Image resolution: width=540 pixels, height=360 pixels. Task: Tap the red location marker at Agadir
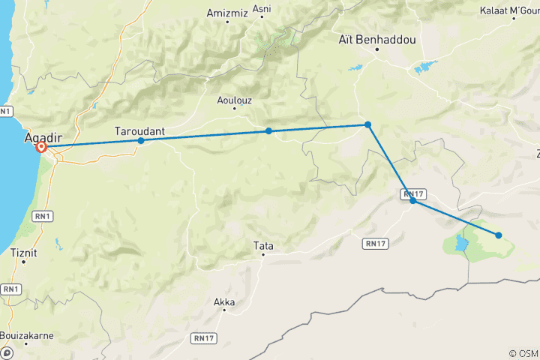[42, 148]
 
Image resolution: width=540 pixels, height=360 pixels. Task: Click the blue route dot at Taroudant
[141, 140]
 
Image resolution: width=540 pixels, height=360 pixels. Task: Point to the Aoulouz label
[234, 98]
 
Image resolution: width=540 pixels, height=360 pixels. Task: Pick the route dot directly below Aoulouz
[268, 131]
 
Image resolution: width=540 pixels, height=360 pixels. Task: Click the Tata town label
[262, 244]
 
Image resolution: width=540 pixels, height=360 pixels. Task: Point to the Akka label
[224, 303]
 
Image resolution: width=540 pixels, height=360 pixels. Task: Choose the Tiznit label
[23, 253]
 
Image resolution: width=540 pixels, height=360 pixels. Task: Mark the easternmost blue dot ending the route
[499, 235]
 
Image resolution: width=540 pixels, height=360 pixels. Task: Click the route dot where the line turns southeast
[367, 124]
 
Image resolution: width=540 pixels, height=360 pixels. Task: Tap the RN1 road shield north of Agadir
[6, 112]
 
